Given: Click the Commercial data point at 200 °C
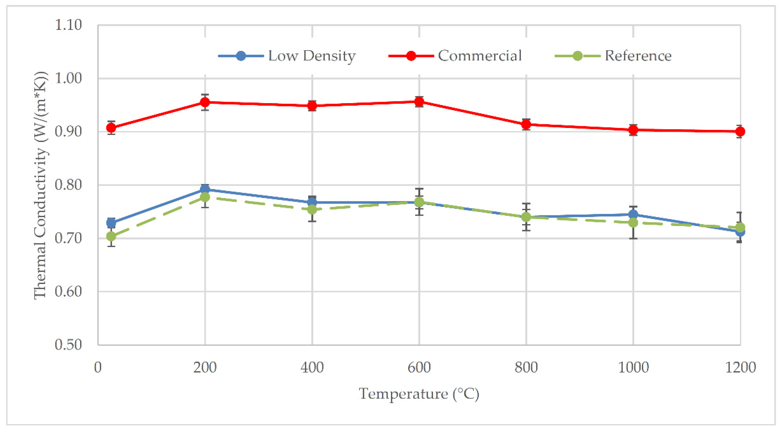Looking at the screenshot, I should [x=205, y=102].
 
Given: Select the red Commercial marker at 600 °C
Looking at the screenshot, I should [x=419, y=102].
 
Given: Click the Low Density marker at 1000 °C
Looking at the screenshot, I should [x=633, y=214].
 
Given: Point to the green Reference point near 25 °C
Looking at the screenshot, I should [x=111, y=236].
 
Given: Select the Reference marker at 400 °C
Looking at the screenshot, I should [x=312, y=209].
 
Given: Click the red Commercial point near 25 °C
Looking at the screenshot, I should [x=111, y=127].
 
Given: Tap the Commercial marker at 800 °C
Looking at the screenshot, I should [x=526, y=124].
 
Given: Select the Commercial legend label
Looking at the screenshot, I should [x=479, y=56].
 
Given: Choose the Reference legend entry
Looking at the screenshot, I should [x=638, y=56].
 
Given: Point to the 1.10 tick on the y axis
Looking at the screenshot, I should [x=68, y=25].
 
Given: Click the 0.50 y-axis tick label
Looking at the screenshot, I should [x=68, y=345].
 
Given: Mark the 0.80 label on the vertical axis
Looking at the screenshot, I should [x=68, y=185].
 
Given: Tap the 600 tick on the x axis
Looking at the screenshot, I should [x=419, y=367].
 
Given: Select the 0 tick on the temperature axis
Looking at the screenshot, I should [x=98, y=367].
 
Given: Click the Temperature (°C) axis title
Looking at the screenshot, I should [x=419, y=394].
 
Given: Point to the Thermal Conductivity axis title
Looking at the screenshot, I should [x=41, y=185].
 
